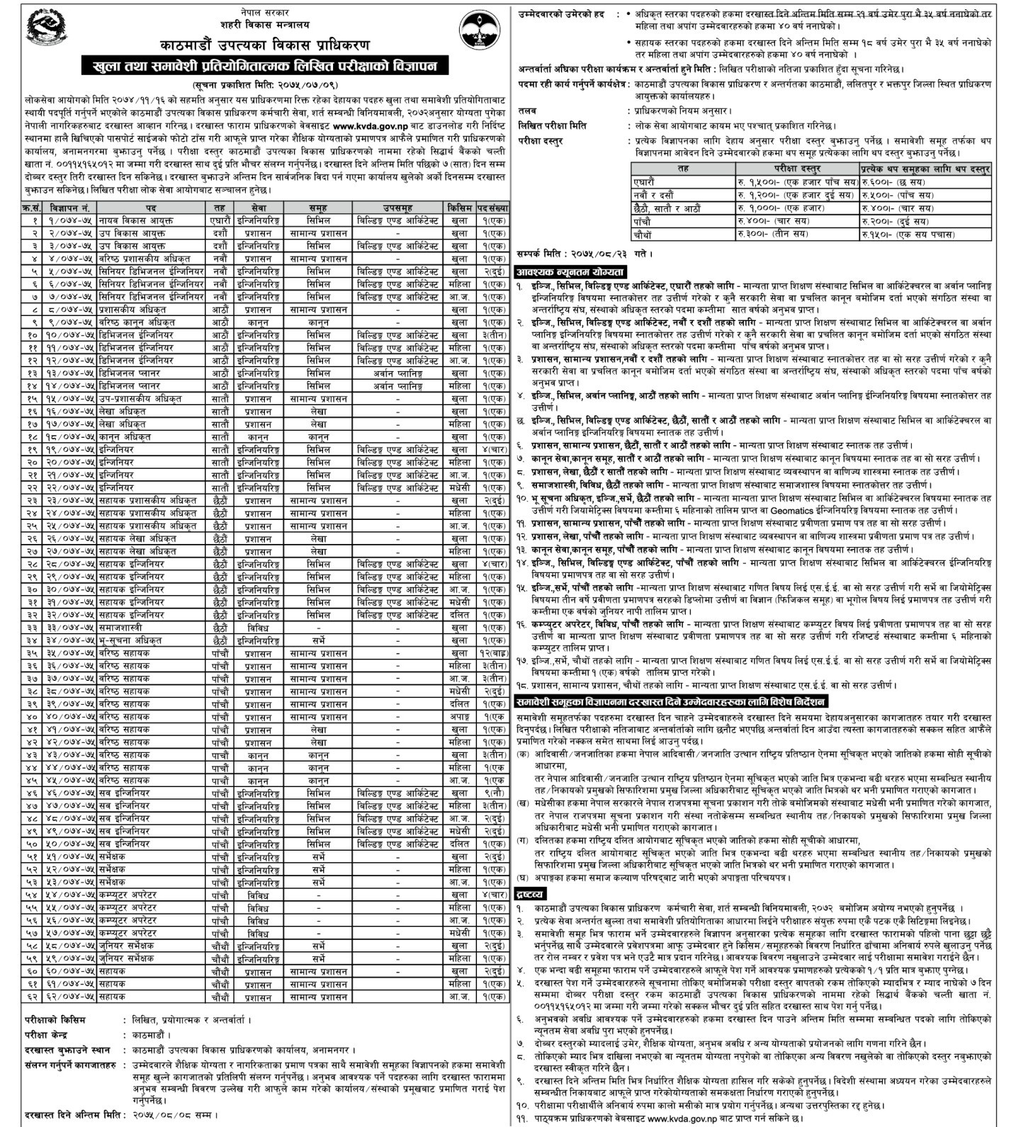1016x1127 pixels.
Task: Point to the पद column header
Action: click(x=151, y=208)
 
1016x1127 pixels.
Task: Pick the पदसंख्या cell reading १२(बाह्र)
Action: click(x=493, y=652)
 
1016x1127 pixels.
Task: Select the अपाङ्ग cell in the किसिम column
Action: click(x=459, y=716)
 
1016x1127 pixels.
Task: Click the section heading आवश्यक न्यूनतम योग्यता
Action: click(x=571, y=272)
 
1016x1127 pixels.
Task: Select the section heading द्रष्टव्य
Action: click(x=531, y=895)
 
